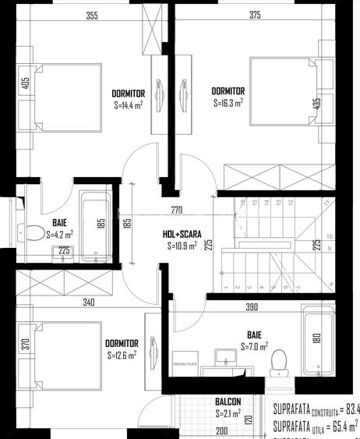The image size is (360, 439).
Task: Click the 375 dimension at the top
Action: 255,15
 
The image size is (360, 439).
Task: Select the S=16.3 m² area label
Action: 228,102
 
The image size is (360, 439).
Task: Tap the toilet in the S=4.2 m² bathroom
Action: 34,232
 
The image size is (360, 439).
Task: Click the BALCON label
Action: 228,402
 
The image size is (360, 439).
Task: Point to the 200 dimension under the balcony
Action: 221,430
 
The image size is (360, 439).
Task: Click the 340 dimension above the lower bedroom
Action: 68,302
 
